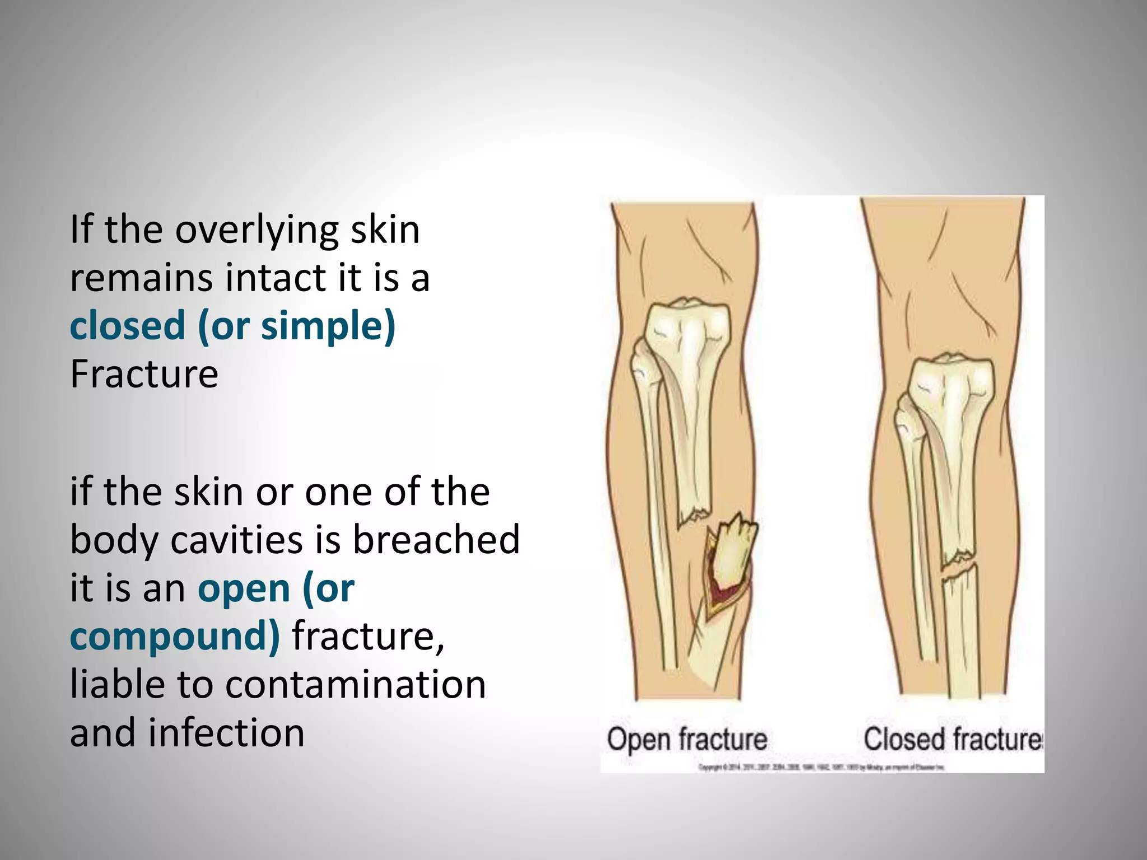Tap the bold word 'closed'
pyautogui.click(x=127, y=326)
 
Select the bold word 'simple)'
pyautogui.click(x=328, y=326)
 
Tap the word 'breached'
pyautogui.click(x=436, y=540)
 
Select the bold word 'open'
pyautogui.click(x=244, y=588)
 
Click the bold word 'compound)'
pyautogui.click(x=175, y=637)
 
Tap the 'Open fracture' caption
pyautogui.click(x=687, y=740)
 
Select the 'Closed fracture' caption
pyautogui.click(x=952, y=739)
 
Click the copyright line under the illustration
pyautogui.click(x=821, y=768)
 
